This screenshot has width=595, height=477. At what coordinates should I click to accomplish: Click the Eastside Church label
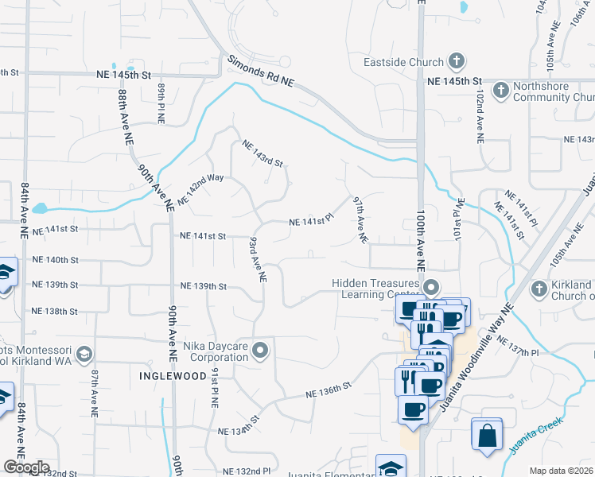402,62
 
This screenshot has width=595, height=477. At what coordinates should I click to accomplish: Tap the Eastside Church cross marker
456,61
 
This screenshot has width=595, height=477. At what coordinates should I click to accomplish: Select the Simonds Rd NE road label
261,71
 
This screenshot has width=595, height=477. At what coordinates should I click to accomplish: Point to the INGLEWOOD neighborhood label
168,374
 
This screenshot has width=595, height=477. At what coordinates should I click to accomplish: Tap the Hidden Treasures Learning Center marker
432,287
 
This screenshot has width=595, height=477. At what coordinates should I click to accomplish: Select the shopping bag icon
486,434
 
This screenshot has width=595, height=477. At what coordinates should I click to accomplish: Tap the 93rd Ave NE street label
256,259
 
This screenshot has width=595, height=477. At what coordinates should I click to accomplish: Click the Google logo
27,467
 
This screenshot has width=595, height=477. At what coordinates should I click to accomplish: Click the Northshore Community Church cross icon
500,91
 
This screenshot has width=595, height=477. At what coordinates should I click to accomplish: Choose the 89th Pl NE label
161,104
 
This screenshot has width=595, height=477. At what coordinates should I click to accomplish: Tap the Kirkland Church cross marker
539,287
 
